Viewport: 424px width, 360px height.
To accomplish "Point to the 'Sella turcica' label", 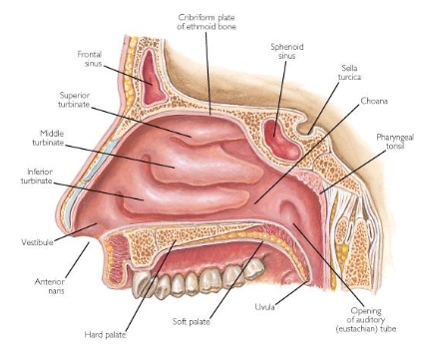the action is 341,73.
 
